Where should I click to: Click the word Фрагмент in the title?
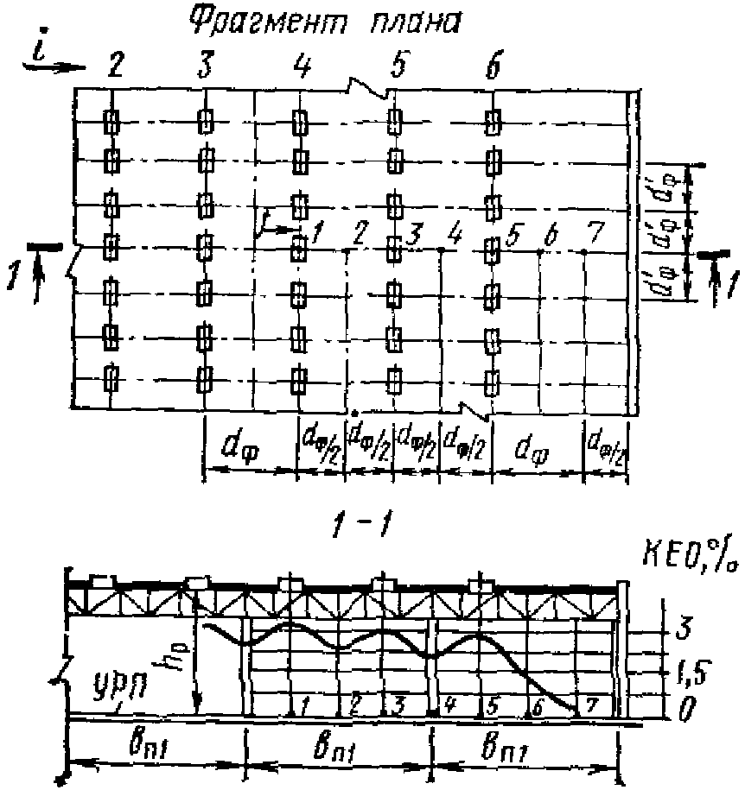coord(258,24)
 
